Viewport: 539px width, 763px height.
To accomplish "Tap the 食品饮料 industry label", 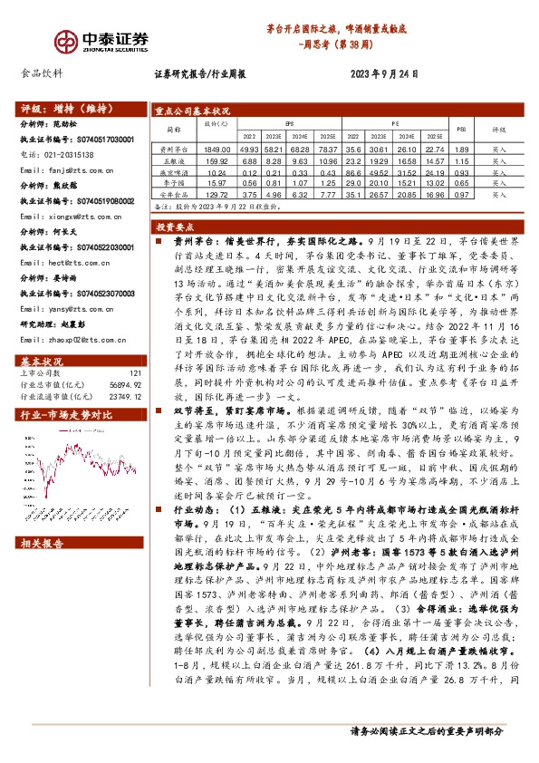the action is pyautogui.click(x=42, y=74).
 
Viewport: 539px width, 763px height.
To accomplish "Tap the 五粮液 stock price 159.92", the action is pyautogui.click(x=214, y=159).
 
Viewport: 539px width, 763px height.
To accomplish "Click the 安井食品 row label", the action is pyautogui.click(x=172, y=194).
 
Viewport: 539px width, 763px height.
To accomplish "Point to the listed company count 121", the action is pyautogui.click(x=136, y=348).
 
